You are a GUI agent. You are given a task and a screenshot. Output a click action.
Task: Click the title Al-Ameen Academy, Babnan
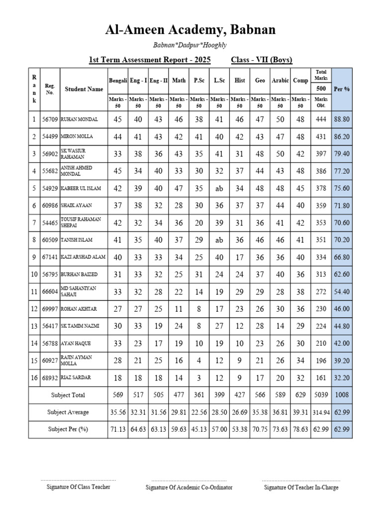tap(190, 30)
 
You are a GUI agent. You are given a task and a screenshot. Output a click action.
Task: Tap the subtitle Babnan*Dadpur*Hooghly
tap(190, 45)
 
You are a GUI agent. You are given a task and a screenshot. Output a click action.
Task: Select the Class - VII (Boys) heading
tap(262, 60)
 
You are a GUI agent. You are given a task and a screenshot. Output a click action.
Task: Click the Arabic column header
tap(280, 80)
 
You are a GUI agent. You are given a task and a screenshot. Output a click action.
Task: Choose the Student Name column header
tap(84, 89)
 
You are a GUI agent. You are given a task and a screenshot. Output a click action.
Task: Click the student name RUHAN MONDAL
tap(79, 120)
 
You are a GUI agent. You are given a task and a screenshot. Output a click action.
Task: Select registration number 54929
tap(50, 188)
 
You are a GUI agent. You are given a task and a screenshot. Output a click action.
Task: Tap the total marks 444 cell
tap(321, 120)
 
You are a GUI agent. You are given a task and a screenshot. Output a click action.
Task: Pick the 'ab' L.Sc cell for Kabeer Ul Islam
tap(219, 188)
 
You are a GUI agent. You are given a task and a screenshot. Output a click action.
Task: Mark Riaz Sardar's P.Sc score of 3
tap(198, 378)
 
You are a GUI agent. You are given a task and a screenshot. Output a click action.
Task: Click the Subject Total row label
tap(68, 395)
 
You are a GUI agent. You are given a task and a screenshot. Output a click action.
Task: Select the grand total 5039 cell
tap(321, 395)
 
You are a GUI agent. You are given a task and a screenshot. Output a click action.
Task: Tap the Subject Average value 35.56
tap(117, 412)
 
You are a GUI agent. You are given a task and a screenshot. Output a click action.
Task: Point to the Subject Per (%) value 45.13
tap(198, 429)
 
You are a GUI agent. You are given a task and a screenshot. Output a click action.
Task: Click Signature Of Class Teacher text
tap(78, 487)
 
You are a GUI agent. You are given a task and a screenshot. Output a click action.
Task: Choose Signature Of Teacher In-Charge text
tap(301, 487)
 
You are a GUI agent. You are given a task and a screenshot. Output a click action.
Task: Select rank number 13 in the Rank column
tap(34, 326)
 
